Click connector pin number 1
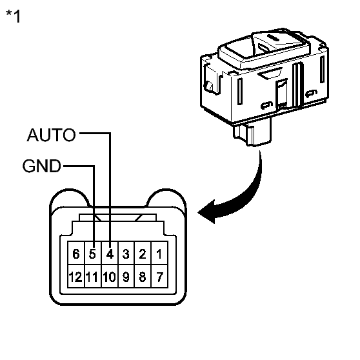[159, 254]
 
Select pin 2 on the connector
[142, 254]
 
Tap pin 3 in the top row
[126, 254]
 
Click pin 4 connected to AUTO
[110, 254]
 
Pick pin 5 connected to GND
[93, 254]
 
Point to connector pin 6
[76, 254]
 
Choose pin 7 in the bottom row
[159, 279]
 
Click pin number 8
[142, 279]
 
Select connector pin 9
[126, 279]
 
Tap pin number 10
[109, 279]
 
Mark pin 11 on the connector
[93, 279]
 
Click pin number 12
[75, 279]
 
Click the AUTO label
[51, 135]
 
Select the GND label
[41, 166]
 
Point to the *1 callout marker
[14, 16]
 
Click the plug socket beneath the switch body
[252, 135]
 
